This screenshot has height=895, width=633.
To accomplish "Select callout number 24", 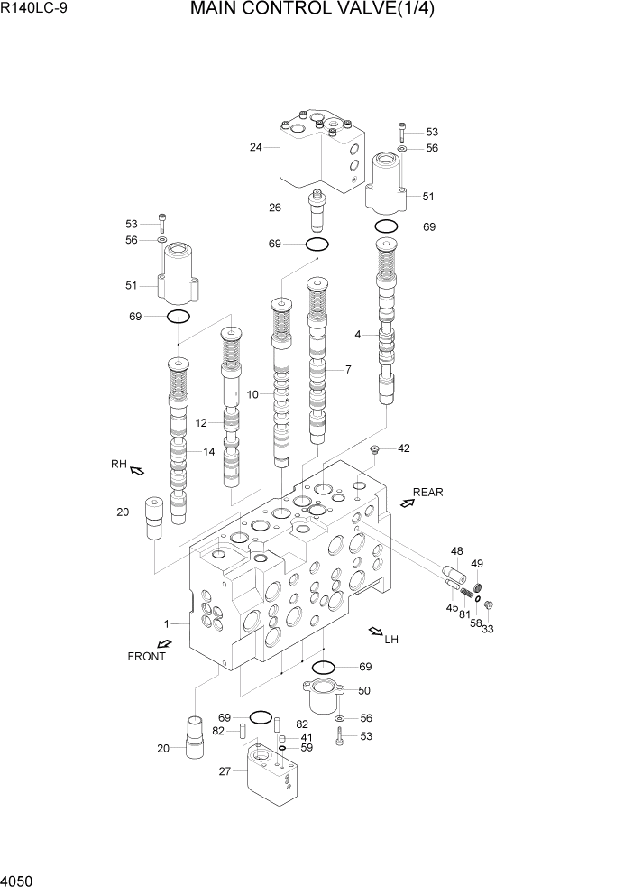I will pos(256,148).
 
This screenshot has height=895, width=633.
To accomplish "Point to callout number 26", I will pos(275,208).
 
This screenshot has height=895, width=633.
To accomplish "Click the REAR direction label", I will pos(428,493).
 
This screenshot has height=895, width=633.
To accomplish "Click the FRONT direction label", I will pos(146,656).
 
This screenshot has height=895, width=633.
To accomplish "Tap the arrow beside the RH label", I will pos(137,470).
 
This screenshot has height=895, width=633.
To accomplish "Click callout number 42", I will pos(403,448).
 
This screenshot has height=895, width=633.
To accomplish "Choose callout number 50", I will pos(363,690).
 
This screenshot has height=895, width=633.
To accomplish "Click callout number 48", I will pos(456,551).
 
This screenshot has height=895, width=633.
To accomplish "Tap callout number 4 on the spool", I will pos(358,335).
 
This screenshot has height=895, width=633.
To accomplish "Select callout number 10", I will pos(252,394).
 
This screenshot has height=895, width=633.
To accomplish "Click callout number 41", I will pos(307,736).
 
